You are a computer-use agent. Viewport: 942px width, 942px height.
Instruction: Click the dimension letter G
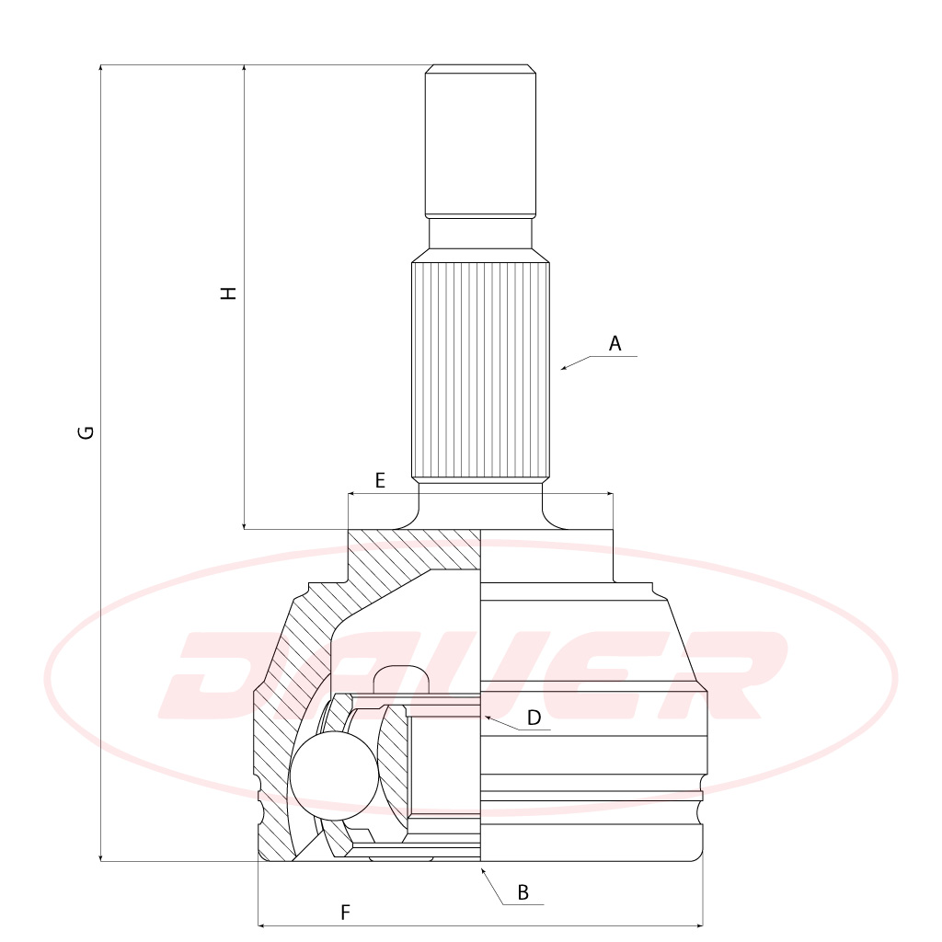tap(86, 432)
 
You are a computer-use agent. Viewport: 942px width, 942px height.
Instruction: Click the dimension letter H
tap(229, 293)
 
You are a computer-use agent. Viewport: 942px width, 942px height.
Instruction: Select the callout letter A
tap(615, 344)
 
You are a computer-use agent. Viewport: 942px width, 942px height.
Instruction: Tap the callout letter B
tap(523, 892)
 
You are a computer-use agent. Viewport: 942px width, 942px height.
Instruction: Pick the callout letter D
tap(534, 718)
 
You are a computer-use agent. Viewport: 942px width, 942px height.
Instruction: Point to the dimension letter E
tap(380, 480)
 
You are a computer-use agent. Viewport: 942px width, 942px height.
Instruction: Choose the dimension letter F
tap(345, 913)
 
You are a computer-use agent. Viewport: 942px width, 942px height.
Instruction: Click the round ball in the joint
tap(335, 775)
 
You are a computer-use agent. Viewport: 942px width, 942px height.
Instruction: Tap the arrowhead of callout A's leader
tap(564, 368)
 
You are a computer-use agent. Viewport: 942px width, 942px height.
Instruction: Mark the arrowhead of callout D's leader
tap(488, 718)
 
